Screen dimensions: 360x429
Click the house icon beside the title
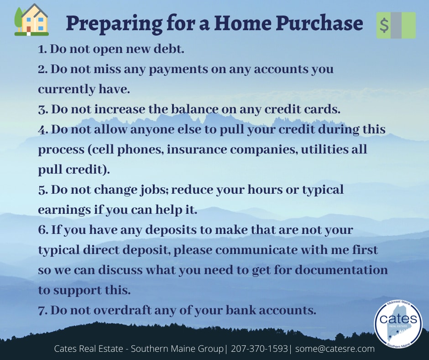coord(31,20)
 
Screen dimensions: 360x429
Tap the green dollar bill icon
coord(396,25)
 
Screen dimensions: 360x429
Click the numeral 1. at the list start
coord(42,49)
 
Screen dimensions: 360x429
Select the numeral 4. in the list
coord(43,130)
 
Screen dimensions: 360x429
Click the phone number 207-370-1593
coord(259,349)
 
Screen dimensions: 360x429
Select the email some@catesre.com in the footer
coord(335,349)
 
